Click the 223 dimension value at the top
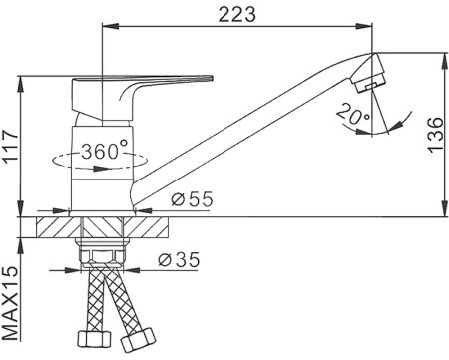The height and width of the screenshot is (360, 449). click(x=237, y=15)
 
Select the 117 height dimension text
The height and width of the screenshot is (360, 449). click(x=10, y=146)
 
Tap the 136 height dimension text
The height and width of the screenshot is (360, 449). click(x=435, y=135)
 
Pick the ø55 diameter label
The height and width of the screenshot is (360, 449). click(x=192, y=199)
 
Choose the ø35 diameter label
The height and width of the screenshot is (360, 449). click(x=179, y=259)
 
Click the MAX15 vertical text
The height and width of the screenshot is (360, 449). click(x=11, y=302)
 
